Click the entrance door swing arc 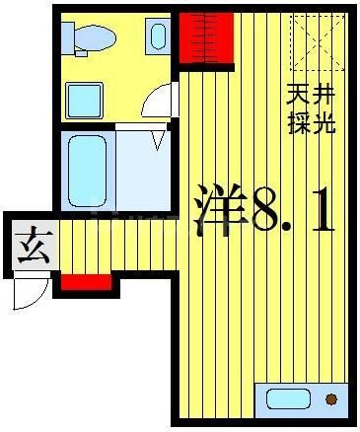(30, 291)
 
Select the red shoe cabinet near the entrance (86, 282)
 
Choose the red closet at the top (205, 37)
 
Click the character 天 (297, 97)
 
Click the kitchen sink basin (287, 399)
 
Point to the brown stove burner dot (330, 399)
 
